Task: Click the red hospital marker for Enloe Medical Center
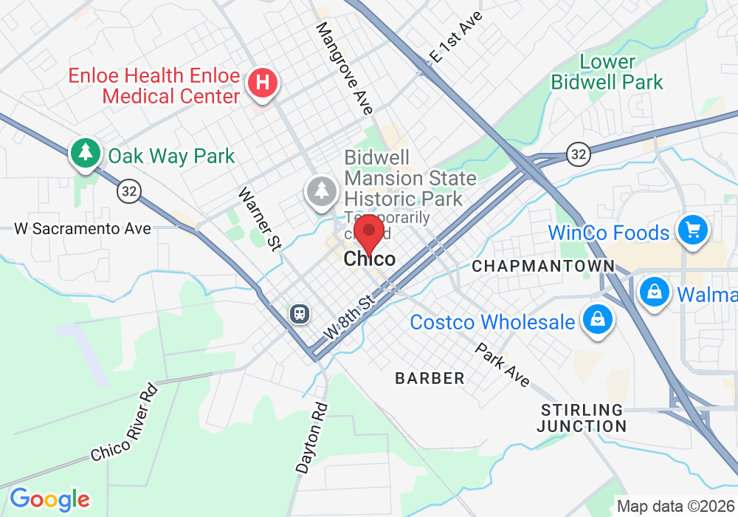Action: pos(262,82)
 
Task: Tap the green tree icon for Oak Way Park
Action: pos(86,153)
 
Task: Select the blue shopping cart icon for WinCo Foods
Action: pos(692,230)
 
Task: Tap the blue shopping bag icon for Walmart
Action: pos(655,291)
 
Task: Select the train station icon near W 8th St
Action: pos(299,313)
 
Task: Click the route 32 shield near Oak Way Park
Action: pos(128,191)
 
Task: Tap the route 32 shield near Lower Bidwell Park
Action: pos(578,154)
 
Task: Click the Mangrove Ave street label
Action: pos(345,68)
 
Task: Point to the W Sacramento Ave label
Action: pos(83,229)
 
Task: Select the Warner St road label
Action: pos(258,219)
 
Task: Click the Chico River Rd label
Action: pos(124,422)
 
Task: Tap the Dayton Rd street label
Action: pos(311,437)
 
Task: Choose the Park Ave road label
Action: pos(502,364)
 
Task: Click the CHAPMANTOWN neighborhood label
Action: pos(542,266)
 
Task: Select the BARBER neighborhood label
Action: pos(430,379)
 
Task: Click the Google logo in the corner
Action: pos(49,499)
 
